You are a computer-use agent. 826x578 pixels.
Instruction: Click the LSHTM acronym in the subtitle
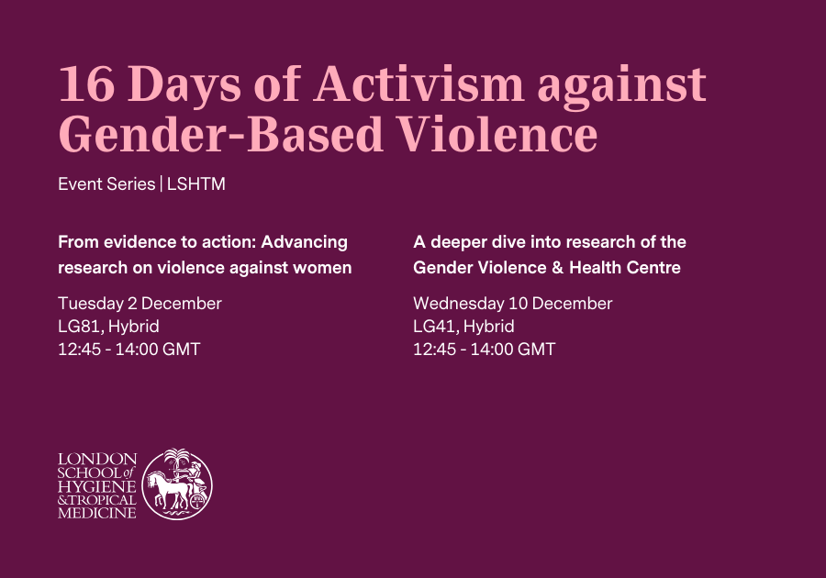pyautogui.click(x=196, y=184)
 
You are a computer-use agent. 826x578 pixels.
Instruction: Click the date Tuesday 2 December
pyautogui.click(x=140, y=304)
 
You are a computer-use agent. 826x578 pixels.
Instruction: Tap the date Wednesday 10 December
pyautogui.click(x=512, y=304)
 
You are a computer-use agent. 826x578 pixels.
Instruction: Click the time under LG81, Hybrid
pyautogui.click(x=128, y=350)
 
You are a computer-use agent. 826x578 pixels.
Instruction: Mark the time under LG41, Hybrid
pyautogui.click(x=484, y=350)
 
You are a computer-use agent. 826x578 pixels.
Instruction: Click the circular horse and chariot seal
pyautogui.click(x=177, y=484)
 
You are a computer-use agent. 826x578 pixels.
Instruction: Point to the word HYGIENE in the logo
pyautogui.click(x=97, y=485)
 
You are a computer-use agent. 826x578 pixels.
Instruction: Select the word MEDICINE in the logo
pyautogui.click(x=97, y=513)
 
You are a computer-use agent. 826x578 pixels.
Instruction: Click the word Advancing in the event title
pyautogui.click(x=305, y=242)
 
